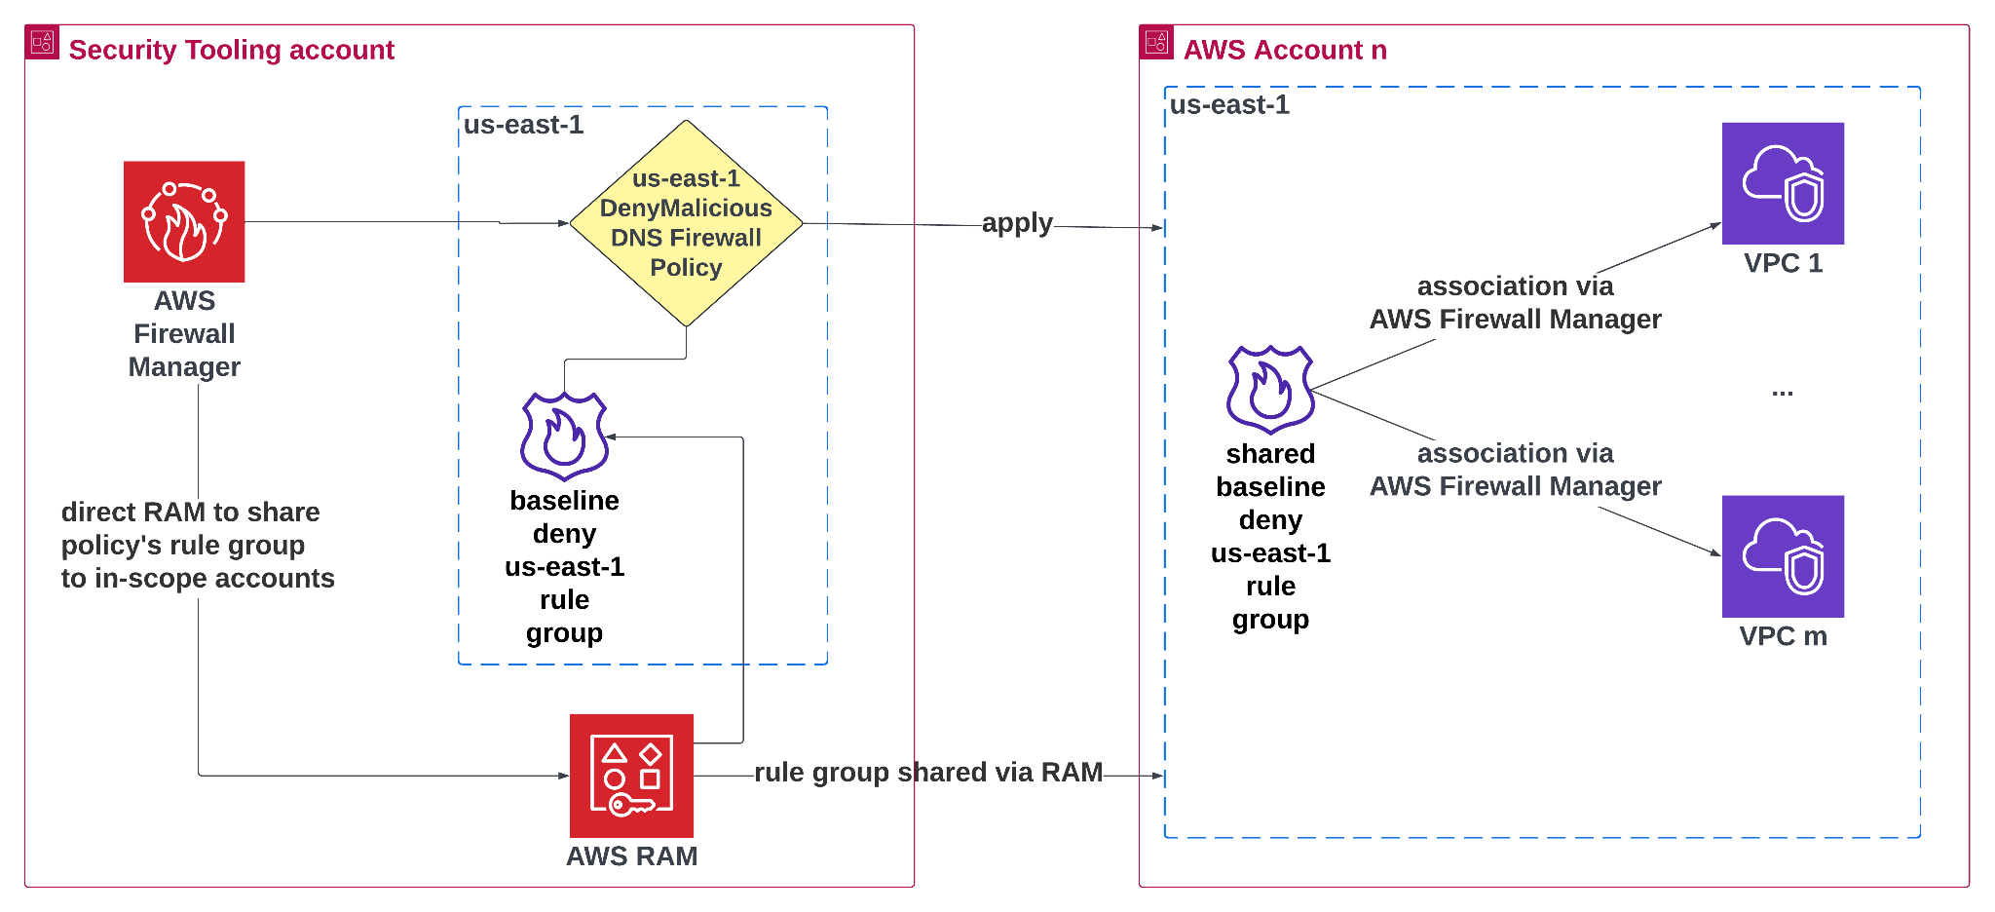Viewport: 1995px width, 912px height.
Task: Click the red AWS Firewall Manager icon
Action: (x=184, y=221)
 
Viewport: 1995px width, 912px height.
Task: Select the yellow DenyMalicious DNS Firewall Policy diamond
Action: (x=686, y=223)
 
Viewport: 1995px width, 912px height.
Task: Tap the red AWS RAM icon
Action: (x=631, y=775)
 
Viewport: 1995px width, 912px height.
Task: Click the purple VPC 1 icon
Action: (x=1783, y=183)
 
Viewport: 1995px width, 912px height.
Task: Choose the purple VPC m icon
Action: (x=1783, y=555)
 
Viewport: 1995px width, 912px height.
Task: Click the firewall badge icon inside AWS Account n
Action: (x=1270, y=389)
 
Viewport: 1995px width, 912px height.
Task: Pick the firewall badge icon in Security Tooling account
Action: (x=564, y=436)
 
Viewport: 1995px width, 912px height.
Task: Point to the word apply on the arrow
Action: (x=1016, y=223)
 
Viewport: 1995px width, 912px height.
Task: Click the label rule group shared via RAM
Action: (x=928, y=773)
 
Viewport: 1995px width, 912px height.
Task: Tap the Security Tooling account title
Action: (x=231, y=50)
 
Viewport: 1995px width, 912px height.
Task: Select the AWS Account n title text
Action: (x=1284, y=50)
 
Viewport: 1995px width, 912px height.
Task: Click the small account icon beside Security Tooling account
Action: (x=42, y=42)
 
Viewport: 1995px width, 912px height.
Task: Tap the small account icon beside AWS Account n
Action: (x=1156, y=42)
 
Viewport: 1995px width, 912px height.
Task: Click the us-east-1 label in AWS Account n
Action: (x=1229, y=105)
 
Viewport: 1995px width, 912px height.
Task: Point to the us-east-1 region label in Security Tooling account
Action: (x=523, y=126)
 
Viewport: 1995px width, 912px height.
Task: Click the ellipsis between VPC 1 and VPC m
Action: (x=1782, y=392)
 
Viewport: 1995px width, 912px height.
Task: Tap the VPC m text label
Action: (x=1783, y=636)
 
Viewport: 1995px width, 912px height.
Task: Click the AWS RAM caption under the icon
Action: (x=631, y=855)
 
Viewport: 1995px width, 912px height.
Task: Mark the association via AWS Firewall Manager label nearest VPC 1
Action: (x=1515, y=302)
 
